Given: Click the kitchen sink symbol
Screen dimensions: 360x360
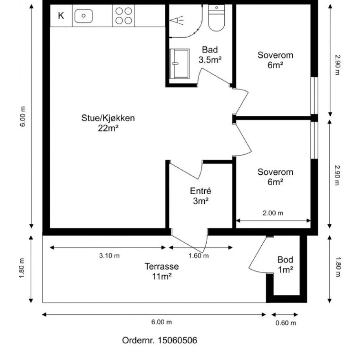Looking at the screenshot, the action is click(x=84, y=16).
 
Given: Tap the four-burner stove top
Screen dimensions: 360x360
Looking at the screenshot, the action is click(x=123, y=16).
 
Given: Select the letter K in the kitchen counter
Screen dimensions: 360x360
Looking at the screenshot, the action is click(x=61, y=16).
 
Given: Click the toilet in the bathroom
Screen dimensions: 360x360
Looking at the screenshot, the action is click(x=216, y=18).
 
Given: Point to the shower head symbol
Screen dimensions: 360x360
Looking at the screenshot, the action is click(x=177, y=20).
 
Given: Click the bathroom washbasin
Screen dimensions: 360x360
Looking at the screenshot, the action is click(x=179, y=64).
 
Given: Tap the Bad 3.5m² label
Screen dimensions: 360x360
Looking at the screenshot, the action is click(x=210, y=55).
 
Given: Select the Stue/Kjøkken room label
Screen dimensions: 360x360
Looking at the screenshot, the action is click(x=108, y=123).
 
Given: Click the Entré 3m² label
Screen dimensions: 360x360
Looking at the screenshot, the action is click(x=201, y=196).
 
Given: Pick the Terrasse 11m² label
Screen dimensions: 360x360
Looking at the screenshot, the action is click(x=162, y=271).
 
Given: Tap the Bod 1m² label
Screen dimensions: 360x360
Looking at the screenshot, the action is click(x=285, y=265).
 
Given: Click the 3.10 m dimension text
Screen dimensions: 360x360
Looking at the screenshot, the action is click(x=109, y=256).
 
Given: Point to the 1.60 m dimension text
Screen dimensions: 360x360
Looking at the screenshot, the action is click(x=199, y=256).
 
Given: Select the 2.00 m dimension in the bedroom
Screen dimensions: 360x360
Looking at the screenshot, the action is click(x=273, y=213).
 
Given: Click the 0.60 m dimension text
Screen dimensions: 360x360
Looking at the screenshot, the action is click(x=286, y=323).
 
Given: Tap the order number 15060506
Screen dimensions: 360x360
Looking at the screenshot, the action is click(x=177, y=340).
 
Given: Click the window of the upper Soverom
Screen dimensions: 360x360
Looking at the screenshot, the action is click(x=314, y=96).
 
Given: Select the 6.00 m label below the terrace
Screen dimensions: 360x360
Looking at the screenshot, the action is click(x=161, y=322).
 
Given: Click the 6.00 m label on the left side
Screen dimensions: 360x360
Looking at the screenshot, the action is click(x=22, y=116).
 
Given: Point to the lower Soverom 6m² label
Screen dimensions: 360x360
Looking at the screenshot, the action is click(x=275, y=177).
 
